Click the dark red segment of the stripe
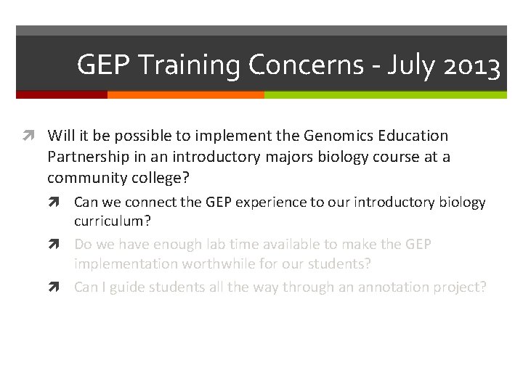tap(62, 94)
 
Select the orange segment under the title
tap(185, 94)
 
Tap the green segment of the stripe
tap(385, 94)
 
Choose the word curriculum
tap(108, 221)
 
